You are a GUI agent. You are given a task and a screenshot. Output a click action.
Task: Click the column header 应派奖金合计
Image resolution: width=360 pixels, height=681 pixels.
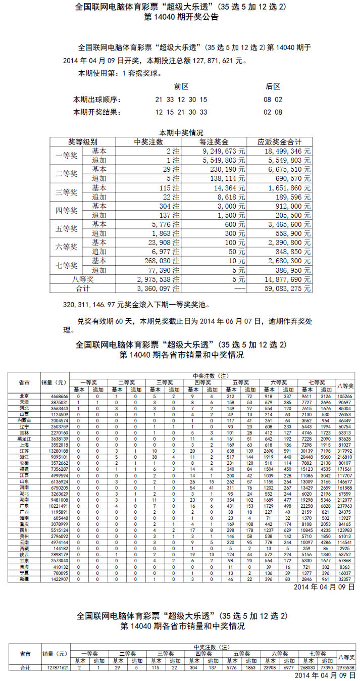pyautogui.click(x=279, y=141)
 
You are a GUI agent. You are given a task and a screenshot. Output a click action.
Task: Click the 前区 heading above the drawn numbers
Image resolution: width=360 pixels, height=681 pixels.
pyautogui.click(x=181, y=86)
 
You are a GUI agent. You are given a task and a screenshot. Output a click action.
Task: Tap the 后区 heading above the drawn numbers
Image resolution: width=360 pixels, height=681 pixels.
pyautogui.click(x=273, y=86)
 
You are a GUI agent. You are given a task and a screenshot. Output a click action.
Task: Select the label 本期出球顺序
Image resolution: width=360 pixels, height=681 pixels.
pyautogui.click(x=97, y=100)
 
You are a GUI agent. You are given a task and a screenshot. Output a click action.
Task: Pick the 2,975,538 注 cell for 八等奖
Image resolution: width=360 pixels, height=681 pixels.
pyautogui.click(x=161, y=279)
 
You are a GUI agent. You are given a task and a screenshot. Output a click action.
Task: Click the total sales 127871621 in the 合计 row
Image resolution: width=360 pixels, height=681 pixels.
pyautogui.click(x=55, y=668)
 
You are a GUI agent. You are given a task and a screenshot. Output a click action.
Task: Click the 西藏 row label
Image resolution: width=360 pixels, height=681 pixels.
pyautogui.click(x=24, y=548)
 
